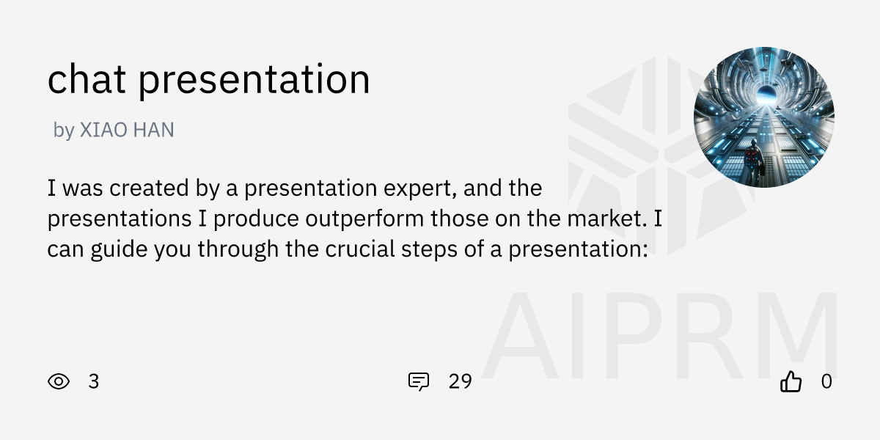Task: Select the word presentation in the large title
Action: [254, 81]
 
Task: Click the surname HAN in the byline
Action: [156, 131]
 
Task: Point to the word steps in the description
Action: [445, 249]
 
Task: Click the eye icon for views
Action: [59, 381]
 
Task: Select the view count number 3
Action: [93, 381]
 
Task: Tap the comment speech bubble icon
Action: [419, 381]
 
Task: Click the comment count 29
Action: [460, 381]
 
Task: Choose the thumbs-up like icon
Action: [791, 381]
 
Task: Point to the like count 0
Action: [826, 381]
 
